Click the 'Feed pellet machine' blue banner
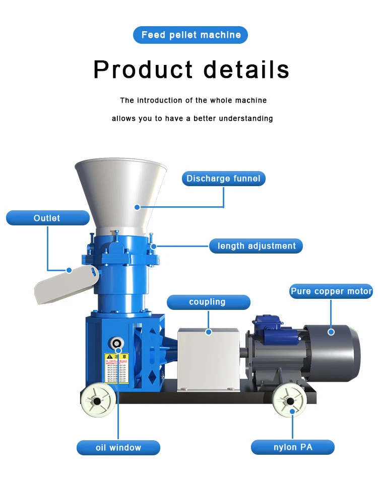191,35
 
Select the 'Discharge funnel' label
223,179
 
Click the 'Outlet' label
47,218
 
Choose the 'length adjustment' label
256,246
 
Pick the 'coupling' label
208,302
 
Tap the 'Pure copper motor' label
331,291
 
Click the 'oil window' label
118,447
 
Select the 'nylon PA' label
292,447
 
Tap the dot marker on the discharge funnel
137,207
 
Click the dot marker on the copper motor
331,332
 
